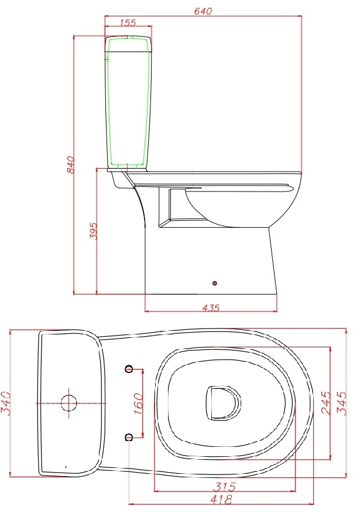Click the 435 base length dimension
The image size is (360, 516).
[211, 307]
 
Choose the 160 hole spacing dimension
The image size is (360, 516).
[139, 404]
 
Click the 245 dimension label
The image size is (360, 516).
[327, 403]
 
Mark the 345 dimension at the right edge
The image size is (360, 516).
[344, 403]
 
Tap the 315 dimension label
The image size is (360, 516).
[225, 486]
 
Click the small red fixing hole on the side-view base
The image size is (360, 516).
[215, 283]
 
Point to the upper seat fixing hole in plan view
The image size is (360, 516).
[129, 368]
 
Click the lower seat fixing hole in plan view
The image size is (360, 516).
[129, 436]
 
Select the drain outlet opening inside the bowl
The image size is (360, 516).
[223, 402]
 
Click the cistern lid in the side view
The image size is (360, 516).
[128, 43]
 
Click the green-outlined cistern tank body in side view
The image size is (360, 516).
[128, 105]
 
